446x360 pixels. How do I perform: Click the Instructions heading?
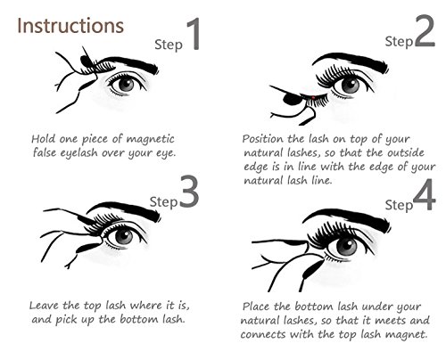tap(70, 26)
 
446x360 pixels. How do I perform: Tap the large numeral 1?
tap(194, 34)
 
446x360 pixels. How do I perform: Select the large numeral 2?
tap(425, 31)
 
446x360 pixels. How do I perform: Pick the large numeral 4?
tap(425, 194)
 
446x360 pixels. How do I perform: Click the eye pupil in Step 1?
tap(127, 85)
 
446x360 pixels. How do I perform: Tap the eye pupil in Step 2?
tap(351, 86)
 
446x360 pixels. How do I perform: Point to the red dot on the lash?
tap(313, 97)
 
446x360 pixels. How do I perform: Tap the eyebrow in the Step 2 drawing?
tap(351, 61)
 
